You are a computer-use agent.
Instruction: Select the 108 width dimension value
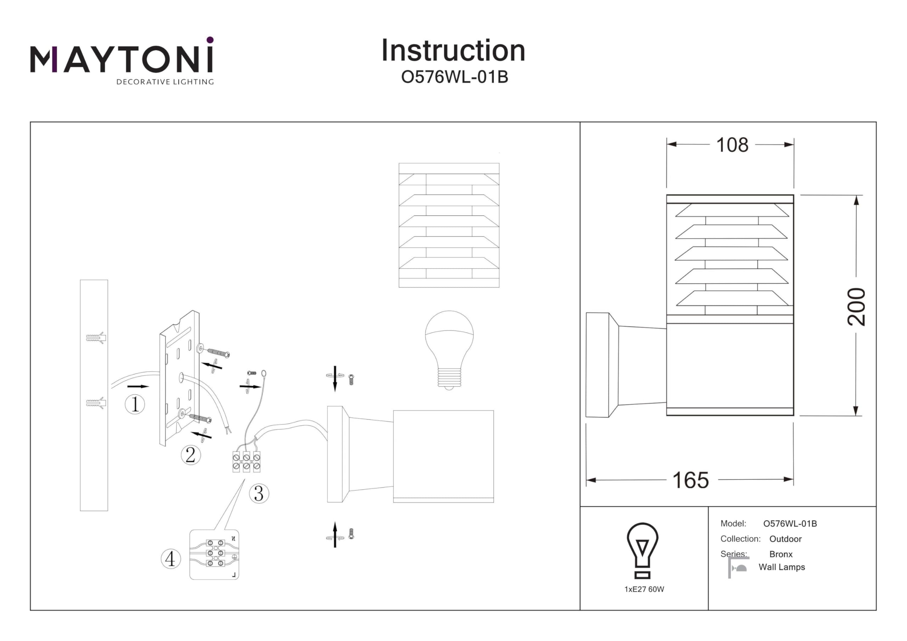pyautogui.click(x=732, y=145)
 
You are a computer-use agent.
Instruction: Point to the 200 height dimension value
pyautogui.click(x=856, y=307)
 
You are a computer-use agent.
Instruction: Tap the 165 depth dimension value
pyautogui.click(x=691, y=480)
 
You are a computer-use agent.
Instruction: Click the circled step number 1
pyautogui.click(x=135, y=404)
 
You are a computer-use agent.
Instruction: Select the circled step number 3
pyautogui.click(x=259, y=493)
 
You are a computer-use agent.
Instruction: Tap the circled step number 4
pyautogui.click(x=171, y=559)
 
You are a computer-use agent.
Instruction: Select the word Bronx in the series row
pyautogui.click(x=781, y=554)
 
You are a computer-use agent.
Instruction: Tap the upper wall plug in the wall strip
pyautogui.click(x=95, y=338)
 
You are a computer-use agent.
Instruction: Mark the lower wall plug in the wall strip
pyautogui.click(x=95, y=403)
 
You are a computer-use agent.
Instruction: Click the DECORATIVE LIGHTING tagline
pyautogui.click(x=165, y=82)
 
